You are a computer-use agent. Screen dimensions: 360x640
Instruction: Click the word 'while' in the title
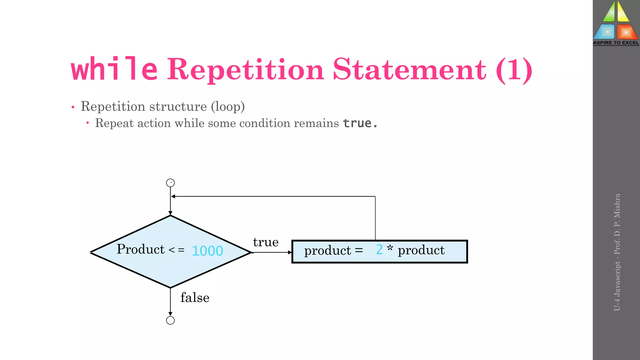pyautogui.click(x=114, y=69)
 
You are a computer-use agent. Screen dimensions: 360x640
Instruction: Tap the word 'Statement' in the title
pyautogui.click(x=409, y=69)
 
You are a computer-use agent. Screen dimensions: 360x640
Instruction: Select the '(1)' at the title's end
pyautogui.click(x=514, y=70)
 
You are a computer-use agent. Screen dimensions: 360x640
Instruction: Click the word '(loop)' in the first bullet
pyautogui.click(x=227, y=107)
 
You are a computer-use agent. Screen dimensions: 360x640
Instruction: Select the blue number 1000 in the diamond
pyautogui.click(x=207, y=251)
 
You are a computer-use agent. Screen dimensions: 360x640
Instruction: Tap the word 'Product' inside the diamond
pyautogui.click(x=141, y=249)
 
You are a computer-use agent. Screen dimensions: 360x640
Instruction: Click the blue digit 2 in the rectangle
pyautogui.click(x=379, y=250)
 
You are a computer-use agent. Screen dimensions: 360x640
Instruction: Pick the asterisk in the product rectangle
pyautogui.click(x=390, y=249)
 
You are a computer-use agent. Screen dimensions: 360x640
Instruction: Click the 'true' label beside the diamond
pyautogui.click(x=266, y=242)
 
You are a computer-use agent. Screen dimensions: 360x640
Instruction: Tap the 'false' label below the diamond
pyautogui.click(x=195, y=298)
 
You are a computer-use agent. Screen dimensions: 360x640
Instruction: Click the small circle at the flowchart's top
pyautogui.click(x=170, y=183)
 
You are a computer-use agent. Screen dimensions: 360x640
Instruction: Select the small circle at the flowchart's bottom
pyautogui.click(x=170, y=320)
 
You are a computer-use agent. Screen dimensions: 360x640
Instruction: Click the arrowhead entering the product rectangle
pyautogui.click(x=290, y=252)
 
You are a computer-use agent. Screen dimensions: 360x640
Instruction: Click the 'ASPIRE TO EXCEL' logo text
pyautogui.click(x=616, y=43)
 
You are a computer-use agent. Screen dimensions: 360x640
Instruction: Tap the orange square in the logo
pyautogui.click(x=626, y=32)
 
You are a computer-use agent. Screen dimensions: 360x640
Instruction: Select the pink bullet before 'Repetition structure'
pyautogui.click(x=73, y=107)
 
